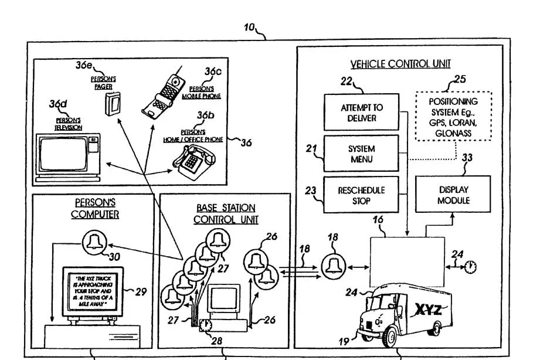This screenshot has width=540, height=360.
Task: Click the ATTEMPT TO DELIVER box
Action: (x=361, y=113)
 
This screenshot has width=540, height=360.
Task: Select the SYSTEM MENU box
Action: (x=361, y=154)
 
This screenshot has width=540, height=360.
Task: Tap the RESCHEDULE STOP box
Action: (x=361, y=195)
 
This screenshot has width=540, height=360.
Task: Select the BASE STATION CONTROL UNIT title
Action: (x=226, y=213)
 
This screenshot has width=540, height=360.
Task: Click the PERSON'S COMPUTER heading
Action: (x=95, y=209)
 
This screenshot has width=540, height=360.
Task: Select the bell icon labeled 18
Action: (x=332, y=267)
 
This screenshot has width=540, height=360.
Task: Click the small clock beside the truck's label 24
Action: (x=470, y=267)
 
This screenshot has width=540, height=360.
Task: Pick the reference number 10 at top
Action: (x=249, y=27)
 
